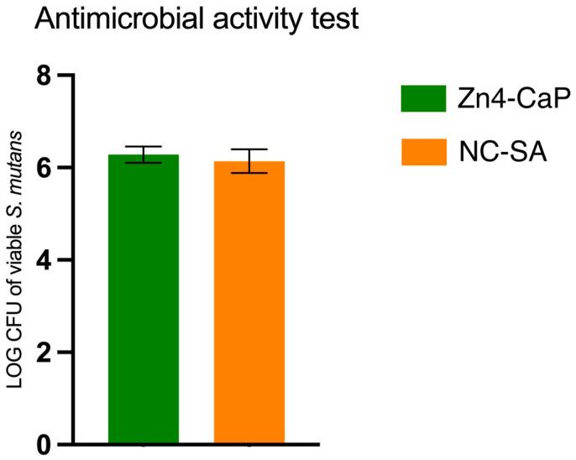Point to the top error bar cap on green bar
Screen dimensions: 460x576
tap(144, 147)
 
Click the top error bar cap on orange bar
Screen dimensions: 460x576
tap(249, 149)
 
